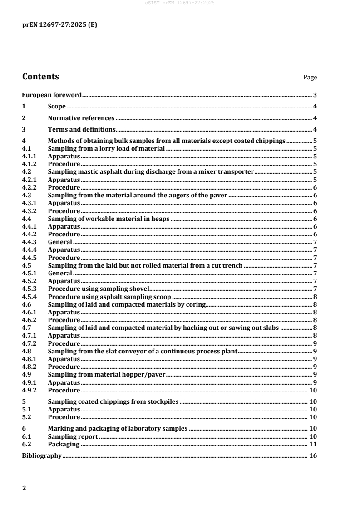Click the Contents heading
pyautogui.click(x=40, y=76)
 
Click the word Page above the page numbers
pyautogui.click(x=310, y=78)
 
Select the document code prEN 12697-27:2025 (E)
pyautogui.click(x=59, y=25)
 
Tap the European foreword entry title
pyautogui.click(x=52, y=95)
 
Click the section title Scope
pyautogui.click(x=57, y=107)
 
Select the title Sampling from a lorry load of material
pyautogui.click(x=106, y=148)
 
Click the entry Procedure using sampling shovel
pyautogui.click(x=99, y=289)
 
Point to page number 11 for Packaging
pyautogui.click(x=313, y=444)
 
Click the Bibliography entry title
pyautogui.click(x=42, y=455)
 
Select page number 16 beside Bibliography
pyautogui.click(x=313, y=455)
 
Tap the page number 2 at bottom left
pyautogui.click(x=24, y=489)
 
